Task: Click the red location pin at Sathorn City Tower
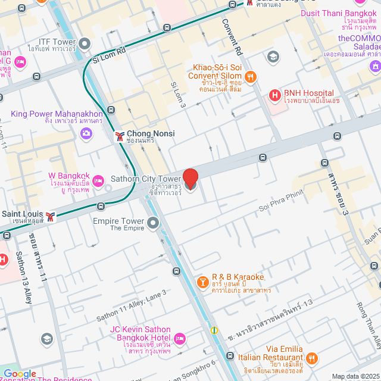pyautogui.click(x=190, y=179)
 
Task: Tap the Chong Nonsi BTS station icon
pyautogui.click(x=120, y=136)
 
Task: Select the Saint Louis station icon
pyautogui.click(x=52, y=217)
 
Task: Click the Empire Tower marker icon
pyautogui.click(x=154, y=224)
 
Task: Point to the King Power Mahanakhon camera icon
pyautogui.click(x=86, y=133)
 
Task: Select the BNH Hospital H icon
pyautogui.click(x=275, y=95)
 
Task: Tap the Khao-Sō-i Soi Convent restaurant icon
pyautogui.click(x=251, y=76)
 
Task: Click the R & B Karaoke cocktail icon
pyautogui.click(x=202, y=281)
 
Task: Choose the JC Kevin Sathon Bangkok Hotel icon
pyautogui.click(x=180, y=339)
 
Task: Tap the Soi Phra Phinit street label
pyautogui.click(x=281, y=200)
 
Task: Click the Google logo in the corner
pyautogui.click(x=20, y=374)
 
